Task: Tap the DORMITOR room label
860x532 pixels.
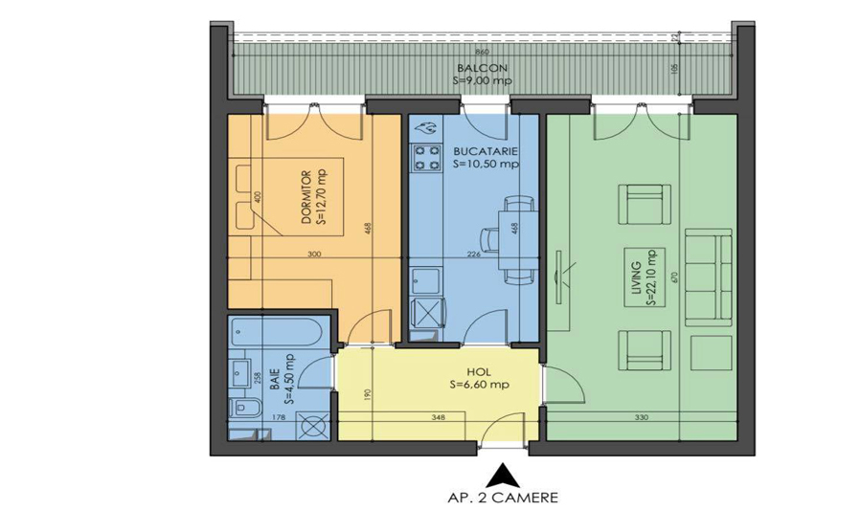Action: tap(306, 197)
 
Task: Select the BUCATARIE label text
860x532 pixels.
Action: tap(487, 151)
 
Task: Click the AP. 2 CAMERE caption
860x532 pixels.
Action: tap(502, 498)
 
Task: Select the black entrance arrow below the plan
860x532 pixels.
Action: tap(501, 473)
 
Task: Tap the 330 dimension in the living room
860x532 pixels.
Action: tap(641, 417)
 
